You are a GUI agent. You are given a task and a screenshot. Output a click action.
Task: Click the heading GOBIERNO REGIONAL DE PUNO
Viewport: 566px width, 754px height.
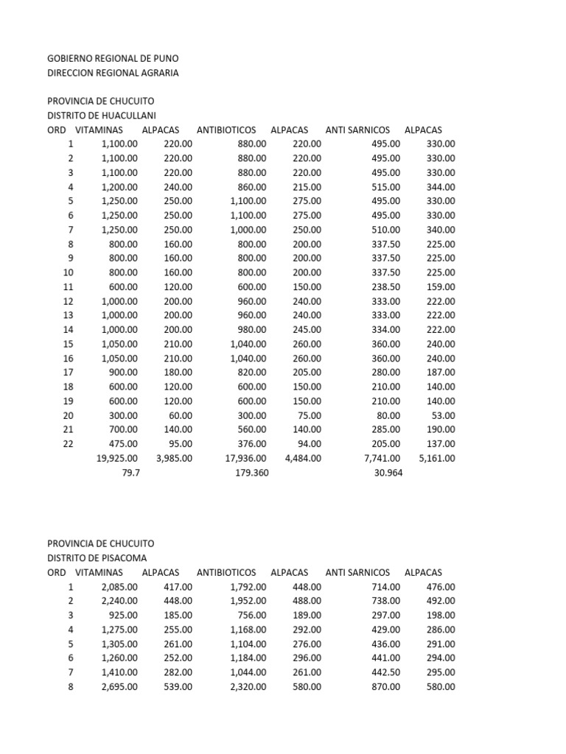(113, 57)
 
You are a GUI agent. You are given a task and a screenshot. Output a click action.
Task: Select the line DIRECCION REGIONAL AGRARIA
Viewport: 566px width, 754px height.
(113, 72)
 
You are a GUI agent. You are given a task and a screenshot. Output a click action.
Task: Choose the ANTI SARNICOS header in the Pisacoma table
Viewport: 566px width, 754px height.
(357, 572)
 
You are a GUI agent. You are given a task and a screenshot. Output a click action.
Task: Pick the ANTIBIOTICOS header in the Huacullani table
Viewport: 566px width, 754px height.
(226, 130)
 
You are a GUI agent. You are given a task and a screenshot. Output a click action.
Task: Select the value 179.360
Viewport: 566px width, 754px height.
(246, 473)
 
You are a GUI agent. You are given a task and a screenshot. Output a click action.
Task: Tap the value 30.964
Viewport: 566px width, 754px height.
(388, 473)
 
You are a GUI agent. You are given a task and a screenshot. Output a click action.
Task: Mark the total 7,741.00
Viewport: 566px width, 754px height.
(382, 458)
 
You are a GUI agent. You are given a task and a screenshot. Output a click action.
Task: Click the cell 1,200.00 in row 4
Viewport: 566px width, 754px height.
(119, 187)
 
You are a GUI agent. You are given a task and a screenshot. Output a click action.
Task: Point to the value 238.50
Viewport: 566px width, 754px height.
(385, 287)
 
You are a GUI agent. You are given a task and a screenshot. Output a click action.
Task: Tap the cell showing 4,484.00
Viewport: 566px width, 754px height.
(303, 458)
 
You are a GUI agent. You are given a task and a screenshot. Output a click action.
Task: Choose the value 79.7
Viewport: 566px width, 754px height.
(130, 473)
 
